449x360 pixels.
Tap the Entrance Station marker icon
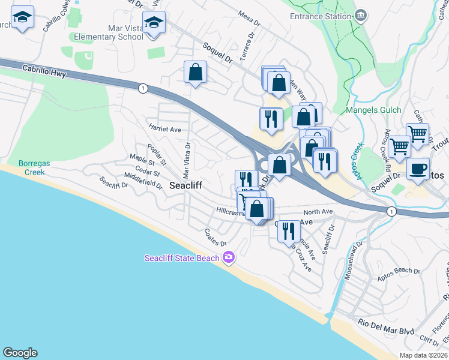point(361,16)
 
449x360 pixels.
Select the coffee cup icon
point(418,169)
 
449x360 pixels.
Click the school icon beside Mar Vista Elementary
point(154,23)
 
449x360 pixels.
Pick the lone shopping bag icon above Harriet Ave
point(195,72)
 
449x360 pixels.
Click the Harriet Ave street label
point(164,127)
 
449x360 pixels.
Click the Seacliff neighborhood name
point(185,186)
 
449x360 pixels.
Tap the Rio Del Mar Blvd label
point(385,331)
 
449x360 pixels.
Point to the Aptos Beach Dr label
point(399,271)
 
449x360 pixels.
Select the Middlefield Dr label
point(143,181)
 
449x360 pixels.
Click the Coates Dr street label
point(215,238)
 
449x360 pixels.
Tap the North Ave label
point(318,212)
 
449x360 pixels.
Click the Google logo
point(20,353)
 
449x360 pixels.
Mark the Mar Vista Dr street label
point(187,161)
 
